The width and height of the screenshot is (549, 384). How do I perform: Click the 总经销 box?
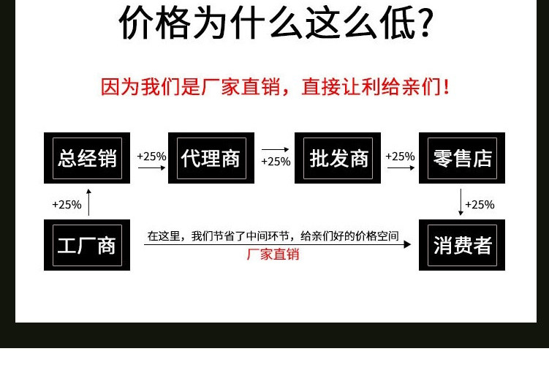pyautogui.click(x=87, y=158)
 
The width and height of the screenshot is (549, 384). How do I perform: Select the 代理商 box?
pyautogui.click(x=211, y=158)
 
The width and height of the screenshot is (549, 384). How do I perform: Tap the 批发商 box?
pyautogui.click(x=338, y=158)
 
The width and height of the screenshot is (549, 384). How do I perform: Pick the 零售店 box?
pyautogui.click(x=462, y=158)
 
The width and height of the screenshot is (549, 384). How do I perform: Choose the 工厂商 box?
pyautogui.click(x=87, y=245)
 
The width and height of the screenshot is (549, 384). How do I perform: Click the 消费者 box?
pyautogui.click(x=462, y=245)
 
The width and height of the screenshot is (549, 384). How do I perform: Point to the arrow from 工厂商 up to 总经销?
pyautogui.click(x=89, y=202)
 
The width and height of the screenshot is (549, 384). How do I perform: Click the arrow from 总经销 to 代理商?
pyautogui.click(x=152, y=168)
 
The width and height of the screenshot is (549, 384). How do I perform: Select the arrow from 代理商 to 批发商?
pyautogui.click(x=276, y=149)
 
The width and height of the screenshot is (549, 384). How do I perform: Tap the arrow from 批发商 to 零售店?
pyautogui.click(x=401, y=168)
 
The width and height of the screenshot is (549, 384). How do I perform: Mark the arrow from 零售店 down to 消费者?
pyautogui.click(x=461, y=202)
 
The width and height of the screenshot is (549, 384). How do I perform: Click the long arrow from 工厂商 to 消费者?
pyautogui.click(x=278, y=244)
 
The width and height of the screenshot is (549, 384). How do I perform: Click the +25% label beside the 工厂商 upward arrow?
pyautogui.click(x=67, y=205)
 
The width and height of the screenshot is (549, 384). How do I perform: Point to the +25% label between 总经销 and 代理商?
pyautogui.click(x=151, y=156)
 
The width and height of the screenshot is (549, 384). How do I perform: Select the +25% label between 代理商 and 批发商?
pyautogui.click(x=276, y=162)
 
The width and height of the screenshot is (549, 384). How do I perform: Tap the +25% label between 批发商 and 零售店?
pyautogui.click(x=400, y=156)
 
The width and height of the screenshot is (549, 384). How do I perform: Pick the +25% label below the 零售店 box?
pyautogui.click(x=480, y=205)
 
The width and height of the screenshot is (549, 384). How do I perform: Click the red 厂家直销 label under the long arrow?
pyautogui.click(x=273, y=255)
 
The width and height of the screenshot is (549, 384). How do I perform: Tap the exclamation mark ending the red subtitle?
pyautogui.click(x=447, y=88)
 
